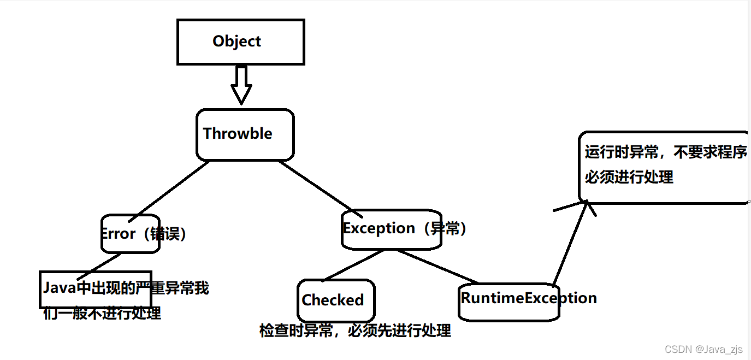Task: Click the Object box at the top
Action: (x=240, y=42)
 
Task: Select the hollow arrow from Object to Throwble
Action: (x=240, y=85)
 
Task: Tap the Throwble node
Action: (x=245, y=134)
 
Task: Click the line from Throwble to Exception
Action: (x=317, y=186)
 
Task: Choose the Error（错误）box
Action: (x=131, y=234)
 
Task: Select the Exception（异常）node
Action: (x=391, y=229)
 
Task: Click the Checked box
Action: (x=335, y=300)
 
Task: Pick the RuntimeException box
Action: (x=509, y=299)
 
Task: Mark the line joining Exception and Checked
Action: (x=352, y=265)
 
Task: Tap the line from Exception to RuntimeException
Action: (x=437, y=267)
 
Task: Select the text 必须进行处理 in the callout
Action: (x=629, y=177)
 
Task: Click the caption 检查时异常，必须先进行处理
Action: (x=355, y=331)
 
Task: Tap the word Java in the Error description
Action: (x=60, y=288)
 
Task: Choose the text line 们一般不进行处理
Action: (x=102, y=313)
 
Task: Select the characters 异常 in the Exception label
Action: (x=445, y=228)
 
